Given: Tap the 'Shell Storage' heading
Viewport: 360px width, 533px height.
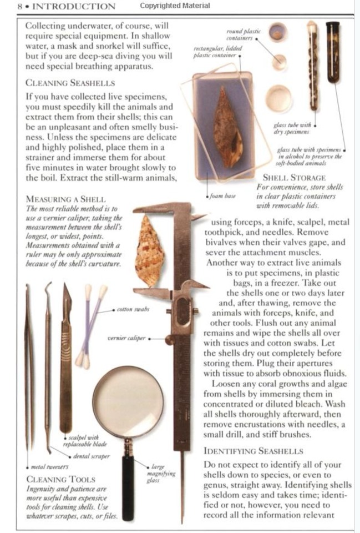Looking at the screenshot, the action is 293,178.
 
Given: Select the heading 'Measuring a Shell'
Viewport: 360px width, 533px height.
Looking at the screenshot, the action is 65,199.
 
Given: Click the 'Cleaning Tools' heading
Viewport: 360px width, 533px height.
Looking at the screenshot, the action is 61,478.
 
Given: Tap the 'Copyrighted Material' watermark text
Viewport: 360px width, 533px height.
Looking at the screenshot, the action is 175,6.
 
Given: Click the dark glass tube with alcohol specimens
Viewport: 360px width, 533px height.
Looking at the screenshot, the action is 333,53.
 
